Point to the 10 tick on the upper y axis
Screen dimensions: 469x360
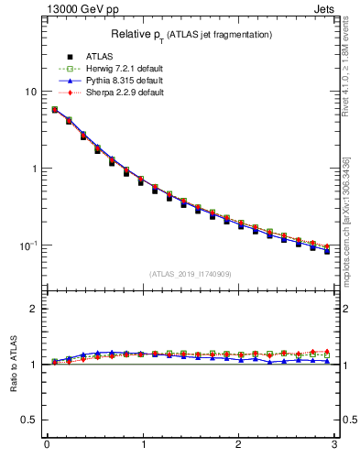coord(32,92)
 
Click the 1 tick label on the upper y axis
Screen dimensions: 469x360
coord(35,169)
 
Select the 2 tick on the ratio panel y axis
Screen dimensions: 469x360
coord(35,309)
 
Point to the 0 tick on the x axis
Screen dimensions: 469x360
coord(47,446)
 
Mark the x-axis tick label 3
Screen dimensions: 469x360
coord(334,446)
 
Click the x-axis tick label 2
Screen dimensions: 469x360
coord(238,446)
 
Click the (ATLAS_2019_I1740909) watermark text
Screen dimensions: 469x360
coord(190,274)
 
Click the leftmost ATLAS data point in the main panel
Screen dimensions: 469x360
coord(55,110)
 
